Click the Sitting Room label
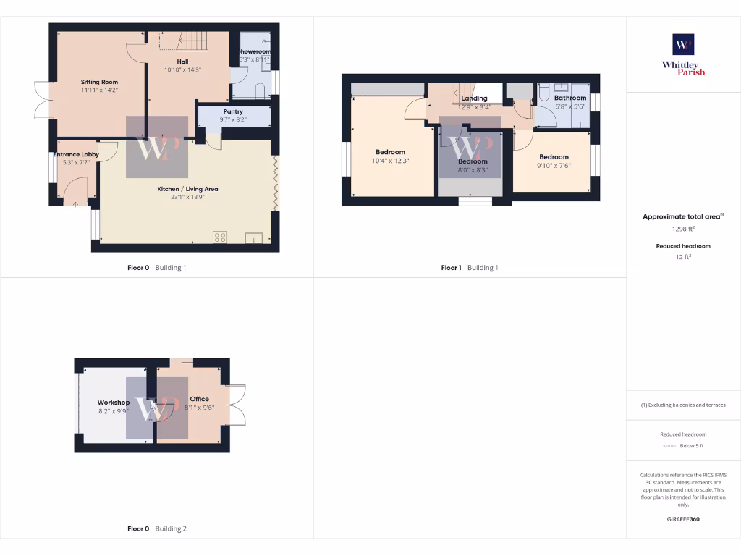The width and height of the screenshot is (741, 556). [x=99, y=83]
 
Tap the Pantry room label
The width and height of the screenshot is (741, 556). [x=233, y=111]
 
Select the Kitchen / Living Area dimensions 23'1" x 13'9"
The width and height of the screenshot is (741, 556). [x=188, y=197]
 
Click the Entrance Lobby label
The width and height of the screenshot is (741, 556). [x=76, y=154]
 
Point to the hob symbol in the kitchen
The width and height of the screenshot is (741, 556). [x=220, y=237]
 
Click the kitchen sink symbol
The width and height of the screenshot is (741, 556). [x=253, y=238]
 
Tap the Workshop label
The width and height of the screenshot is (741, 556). [x=114, y=403]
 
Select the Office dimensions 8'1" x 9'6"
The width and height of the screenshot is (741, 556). [x=199, y=407]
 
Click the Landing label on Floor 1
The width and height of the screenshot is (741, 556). [x=474, y=98]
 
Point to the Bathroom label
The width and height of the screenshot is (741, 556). [x=570, y=98]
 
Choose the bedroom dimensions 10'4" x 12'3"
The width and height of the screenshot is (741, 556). [x=391, y=161]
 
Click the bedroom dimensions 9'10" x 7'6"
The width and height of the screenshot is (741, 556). [x=554, y=164]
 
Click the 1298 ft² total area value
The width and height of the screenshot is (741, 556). [x=683, y=229]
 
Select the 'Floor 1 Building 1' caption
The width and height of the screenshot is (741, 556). [x=470, y=268]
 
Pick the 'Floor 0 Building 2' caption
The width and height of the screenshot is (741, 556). [x=157, y=528]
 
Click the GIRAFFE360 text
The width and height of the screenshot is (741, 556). [x=683, y=519]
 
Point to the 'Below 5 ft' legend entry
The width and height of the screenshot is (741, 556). [x=691, y=446]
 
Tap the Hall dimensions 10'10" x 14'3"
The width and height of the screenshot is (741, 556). [x=182, y=70]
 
